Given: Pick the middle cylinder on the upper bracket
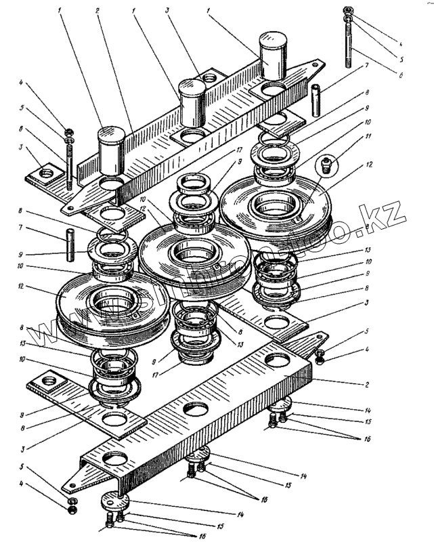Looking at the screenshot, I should [x=191, y=98].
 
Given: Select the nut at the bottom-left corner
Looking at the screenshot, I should [x=72, y=508].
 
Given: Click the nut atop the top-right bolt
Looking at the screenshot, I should [x=347, y=11].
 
